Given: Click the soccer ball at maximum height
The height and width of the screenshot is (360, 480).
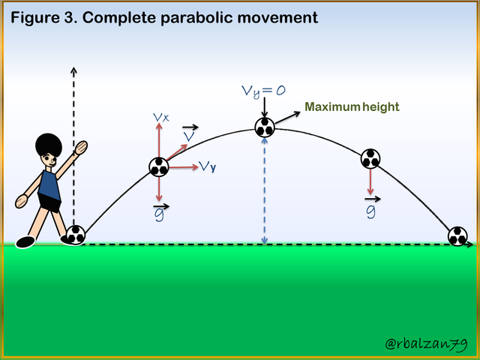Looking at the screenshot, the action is pos(265,127).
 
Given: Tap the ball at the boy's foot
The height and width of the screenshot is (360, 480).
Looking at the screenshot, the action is pos(76,235).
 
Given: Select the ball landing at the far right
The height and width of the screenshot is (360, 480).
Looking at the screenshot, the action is pos(457,236).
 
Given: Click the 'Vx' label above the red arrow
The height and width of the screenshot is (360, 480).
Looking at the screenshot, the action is pos(161,117).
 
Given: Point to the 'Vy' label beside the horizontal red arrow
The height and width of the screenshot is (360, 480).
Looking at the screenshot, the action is pos(208,166).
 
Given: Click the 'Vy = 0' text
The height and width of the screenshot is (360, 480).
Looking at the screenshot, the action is pos(263,91).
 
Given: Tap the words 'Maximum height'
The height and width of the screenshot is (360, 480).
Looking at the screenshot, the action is pos(352,106).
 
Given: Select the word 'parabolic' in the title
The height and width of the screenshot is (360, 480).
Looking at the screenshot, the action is pos(197,18).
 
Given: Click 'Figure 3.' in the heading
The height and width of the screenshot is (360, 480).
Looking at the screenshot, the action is pos(45,18).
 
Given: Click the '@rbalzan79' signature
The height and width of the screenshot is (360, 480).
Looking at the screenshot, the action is pos(426,343).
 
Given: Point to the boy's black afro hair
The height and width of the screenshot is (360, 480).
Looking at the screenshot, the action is pos(49,145).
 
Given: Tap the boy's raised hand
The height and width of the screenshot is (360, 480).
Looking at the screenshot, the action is pos(81,148).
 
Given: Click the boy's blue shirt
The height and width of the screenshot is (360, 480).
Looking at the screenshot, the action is pos(49,185).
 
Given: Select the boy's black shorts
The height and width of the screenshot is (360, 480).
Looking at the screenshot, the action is pos(49,202).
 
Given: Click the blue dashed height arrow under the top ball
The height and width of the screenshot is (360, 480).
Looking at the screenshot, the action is pos(265,191).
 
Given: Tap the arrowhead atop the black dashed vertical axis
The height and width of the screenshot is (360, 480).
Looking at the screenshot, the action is pos(73,70).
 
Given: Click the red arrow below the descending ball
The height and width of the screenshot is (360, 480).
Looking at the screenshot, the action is pos(370,181).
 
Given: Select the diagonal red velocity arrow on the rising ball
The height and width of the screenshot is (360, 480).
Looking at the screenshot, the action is pos(177,151).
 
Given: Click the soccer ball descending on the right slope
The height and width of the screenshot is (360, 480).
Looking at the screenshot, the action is pos(370,159).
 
